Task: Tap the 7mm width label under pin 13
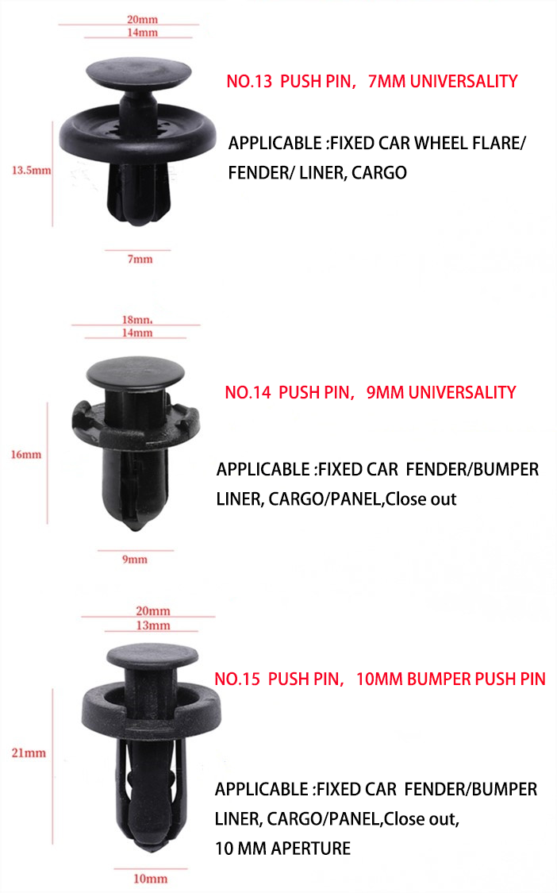pyautogui.click(x=140, y=260)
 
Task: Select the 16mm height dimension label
pyautogui.click(x=26, y=455)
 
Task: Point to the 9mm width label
pyautogui.click(x=134, y=560)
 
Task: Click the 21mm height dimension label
pyautogui.click(x=28, y=753)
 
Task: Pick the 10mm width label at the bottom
pyautogui.click(x=151, y=879)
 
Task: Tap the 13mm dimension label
pyautogui.click(x=153, y=625)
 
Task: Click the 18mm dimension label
pyautogui.click(x=136, y=320)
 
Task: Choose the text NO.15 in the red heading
pyautogui.click(x=237, y=679)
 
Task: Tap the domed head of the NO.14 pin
pyautogui.click(x=135, y=372)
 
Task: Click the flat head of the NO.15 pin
pyautogui.click(x=152, y=655)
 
